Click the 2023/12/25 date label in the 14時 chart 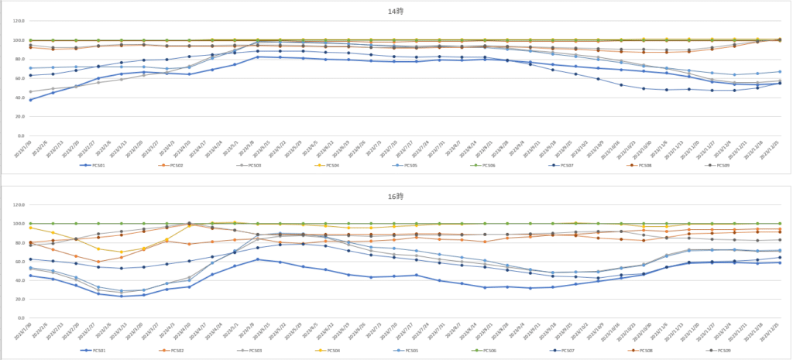pyautogui.click(x=774, y=148)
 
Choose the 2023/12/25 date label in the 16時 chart pyautogui.click(x=774, y=331)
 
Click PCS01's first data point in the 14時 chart pyautogui.click(x=30, y=100)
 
